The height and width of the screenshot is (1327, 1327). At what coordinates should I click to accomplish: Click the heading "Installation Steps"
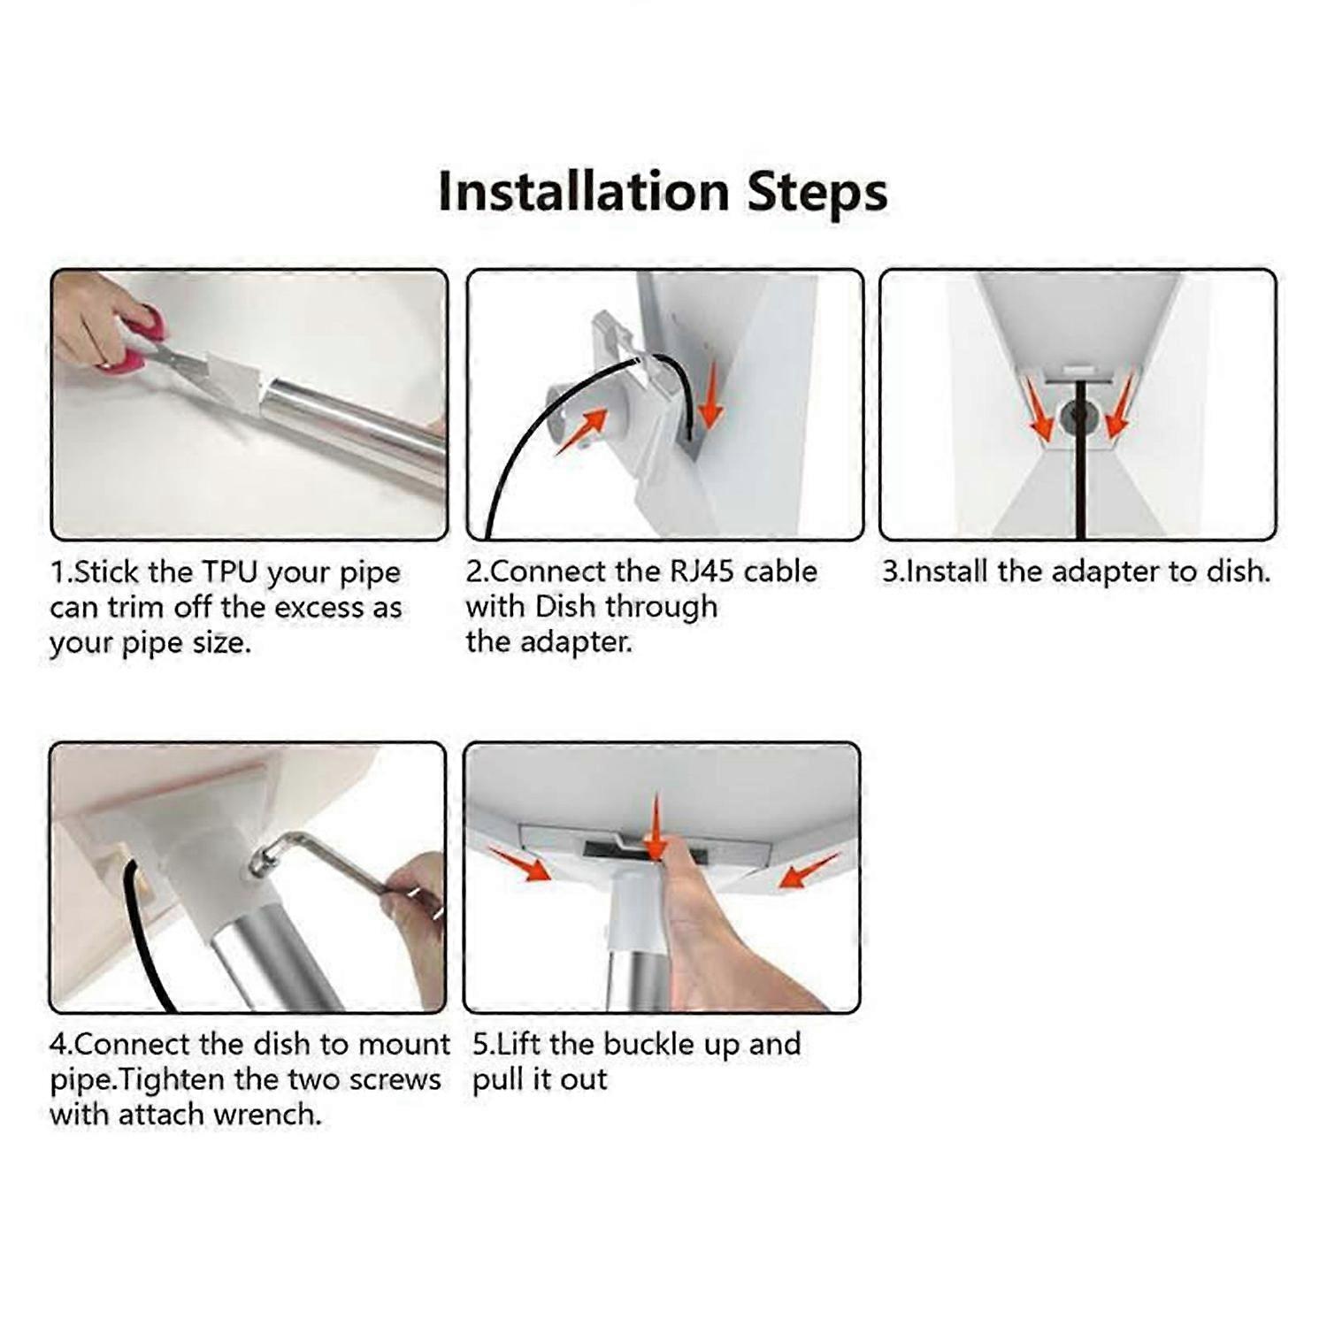coord(663,192)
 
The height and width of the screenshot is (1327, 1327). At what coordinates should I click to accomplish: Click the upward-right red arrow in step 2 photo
coord(582,431)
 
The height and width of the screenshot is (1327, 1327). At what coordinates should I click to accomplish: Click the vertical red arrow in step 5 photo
coord(656,827)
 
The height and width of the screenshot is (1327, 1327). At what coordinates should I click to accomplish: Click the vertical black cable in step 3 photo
coord(1080,478)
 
